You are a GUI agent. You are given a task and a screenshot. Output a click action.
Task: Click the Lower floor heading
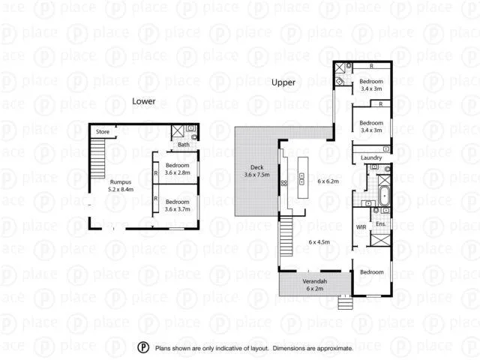(x=143, y=100)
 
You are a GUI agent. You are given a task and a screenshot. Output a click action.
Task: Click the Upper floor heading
(x=283, y=82)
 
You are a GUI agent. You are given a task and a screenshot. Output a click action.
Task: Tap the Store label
(x=102, y=132)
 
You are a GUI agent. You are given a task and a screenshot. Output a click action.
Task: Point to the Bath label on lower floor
(x=183, y=144)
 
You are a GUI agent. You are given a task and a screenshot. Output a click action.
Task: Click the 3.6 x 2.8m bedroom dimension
(x=178, y=172)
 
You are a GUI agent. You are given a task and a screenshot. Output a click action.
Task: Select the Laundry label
(x=371, y=157)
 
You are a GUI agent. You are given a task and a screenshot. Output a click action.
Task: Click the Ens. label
(x=381, y=224)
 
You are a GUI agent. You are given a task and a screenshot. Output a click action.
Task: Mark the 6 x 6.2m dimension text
(x=328, y=181)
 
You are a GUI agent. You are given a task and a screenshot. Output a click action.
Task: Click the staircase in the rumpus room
(x=98, y=157)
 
